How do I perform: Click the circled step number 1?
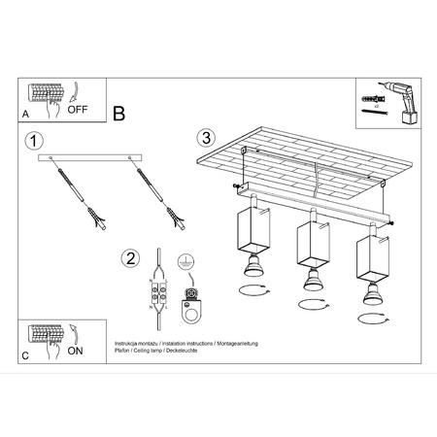[36, 142]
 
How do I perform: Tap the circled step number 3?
[205, 138]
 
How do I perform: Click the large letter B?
[119, 114]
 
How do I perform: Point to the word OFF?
[79, 110]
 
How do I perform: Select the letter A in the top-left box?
[25, 114]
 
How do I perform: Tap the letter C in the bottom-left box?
[25, 356]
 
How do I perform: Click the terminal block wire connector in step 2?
[155, 292]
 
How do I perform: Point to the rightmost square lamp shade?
[372, 256]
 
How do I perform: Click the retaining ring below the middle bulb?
[313, 305]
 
